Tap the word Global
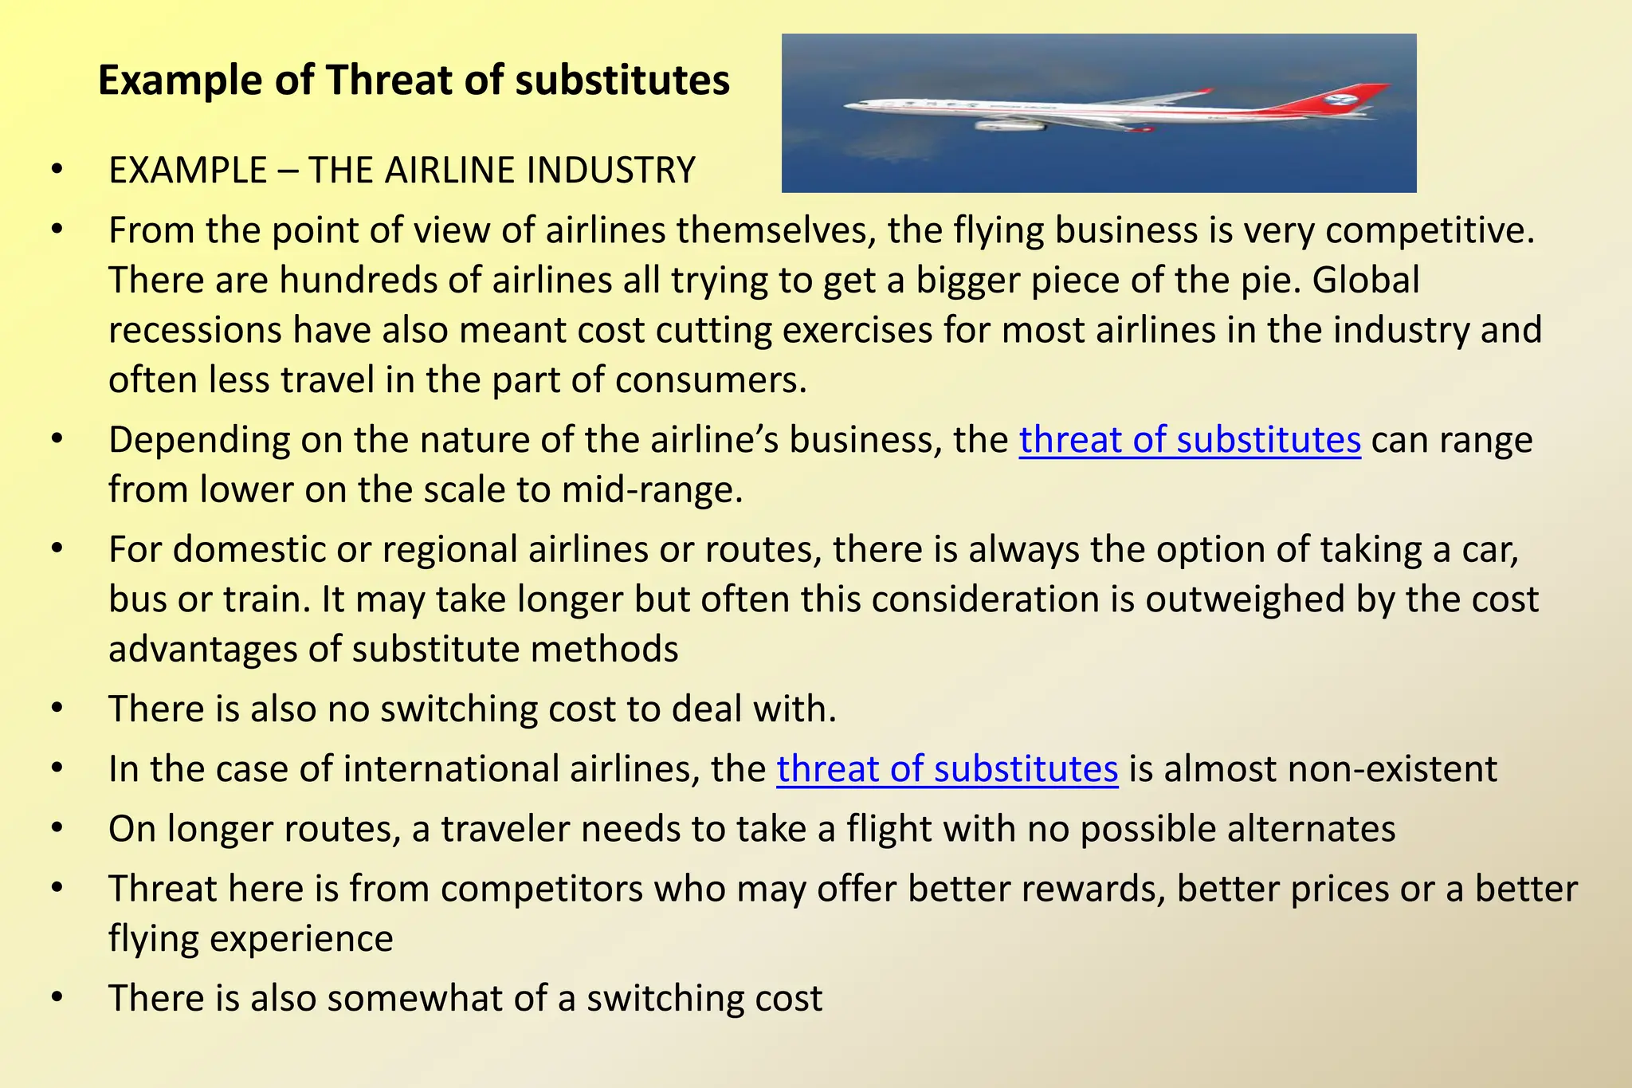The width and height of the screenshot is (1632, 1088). [1366, 281]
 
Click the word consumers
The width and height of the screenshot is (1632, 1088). [711, 380]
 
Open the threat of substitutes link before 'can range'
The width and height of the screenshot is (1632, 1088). [1190, 440]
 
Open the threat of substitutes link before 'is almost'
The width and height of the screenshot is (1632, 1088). [947, 769]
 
